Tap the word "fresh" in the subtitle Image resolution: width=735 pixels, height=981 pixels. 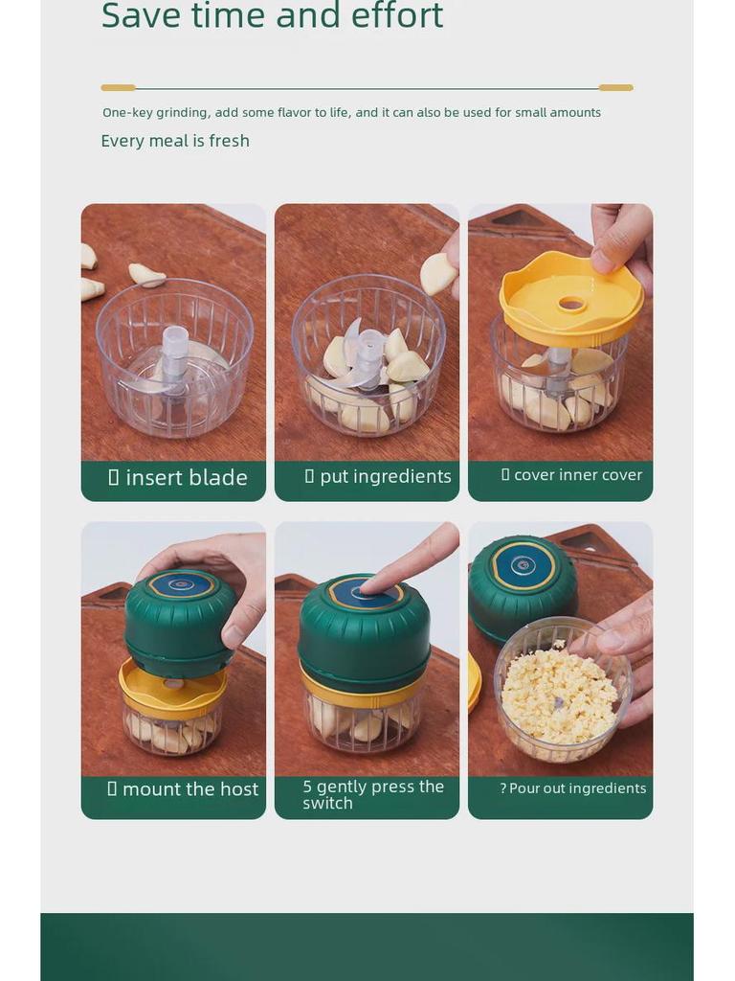click(x=229, y=141)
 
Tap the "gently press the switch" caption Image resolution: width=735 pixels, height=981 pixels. click(x=373, y=794)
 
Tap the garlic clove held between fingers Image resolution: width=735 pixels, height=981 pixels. click(x=437, y=273)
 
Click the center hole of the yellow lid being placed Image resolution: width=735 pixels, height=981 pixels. click(x=571, y=305)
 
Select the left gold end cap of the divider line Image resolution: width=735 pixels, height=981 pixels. click(x=118, y=87)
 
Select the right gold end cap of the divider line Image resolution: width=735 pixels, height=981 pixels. click(x=616, y=87)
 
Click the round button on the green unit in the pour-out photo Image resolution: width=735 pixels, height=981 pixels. click(x=523, y=566)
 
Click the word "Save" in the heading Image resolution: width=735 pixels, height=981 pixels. click(x=142, y=15)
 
